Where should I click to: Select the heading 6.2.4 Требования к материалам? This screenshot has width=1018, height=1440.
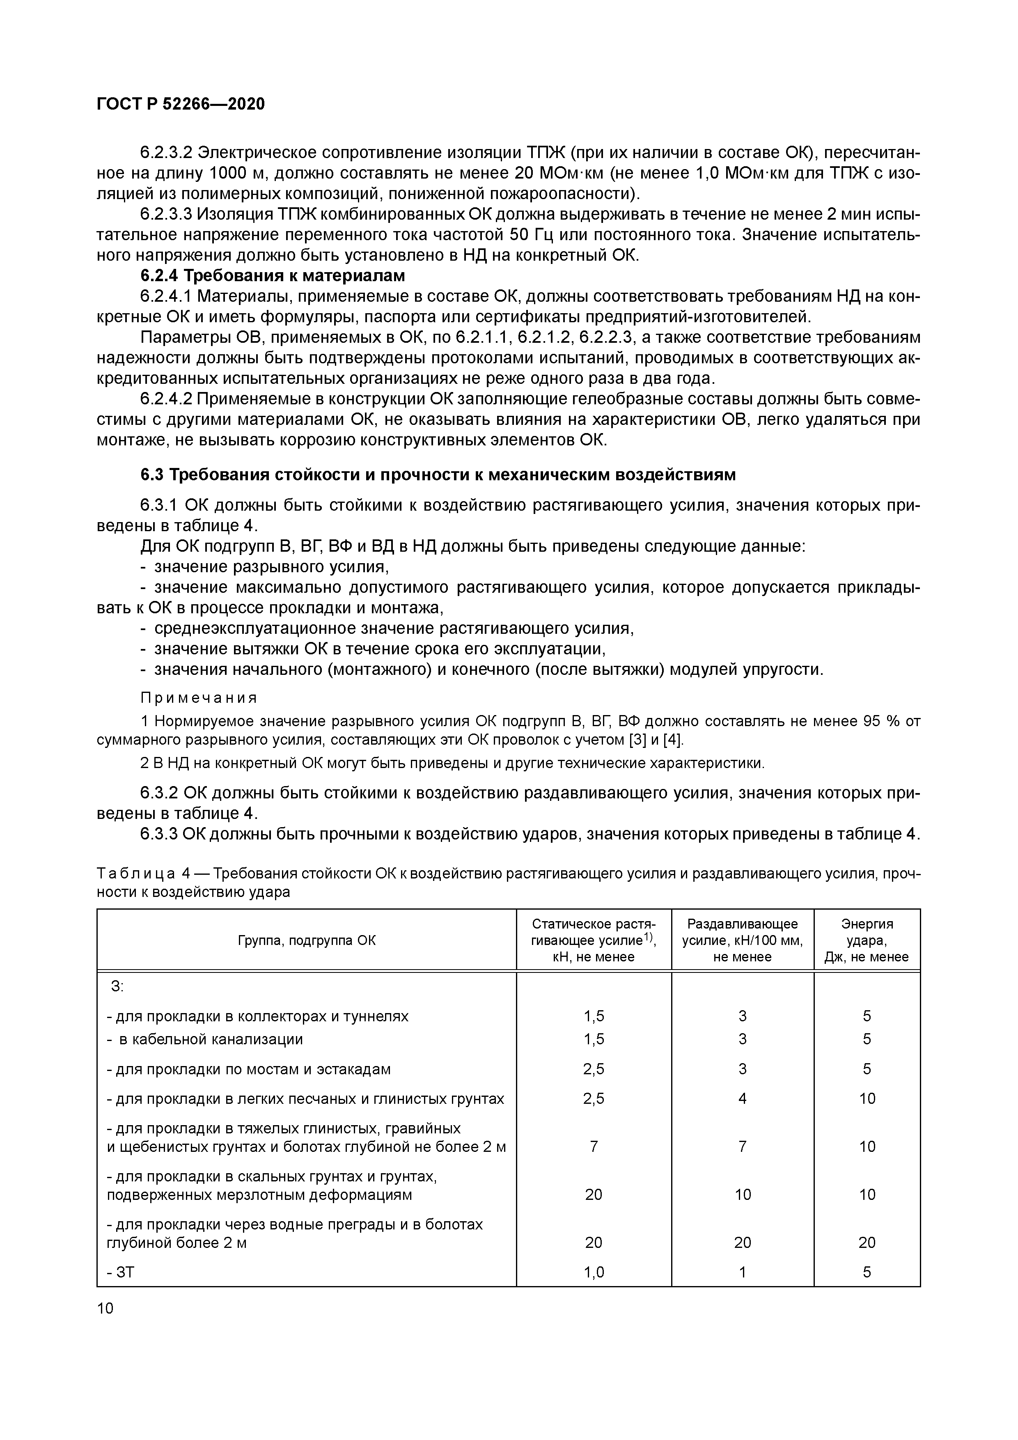pos(273,275)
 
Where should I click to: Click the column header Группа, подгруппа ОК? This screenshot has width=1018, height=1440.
pos(306,940)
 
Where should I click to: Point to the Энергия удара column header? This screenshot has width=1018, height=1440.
pos(867,940)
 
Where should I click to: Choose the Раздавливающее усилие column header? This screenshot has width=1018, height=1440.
pos(743,940)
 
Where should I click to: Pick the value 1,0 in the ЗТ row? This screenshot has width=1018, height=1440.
pos(594,1272)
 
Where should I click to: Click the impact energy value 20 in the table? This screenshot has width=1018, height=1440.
pos(867,1243)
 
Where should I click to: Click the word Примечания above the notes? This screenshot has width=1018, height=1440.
pos(199,698)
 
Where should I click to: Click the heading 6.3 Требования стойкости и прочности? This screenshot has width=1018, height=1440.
pos(438,475)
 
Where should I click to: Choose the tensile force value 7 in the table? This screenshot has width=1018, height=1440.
pos(594,1146)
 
